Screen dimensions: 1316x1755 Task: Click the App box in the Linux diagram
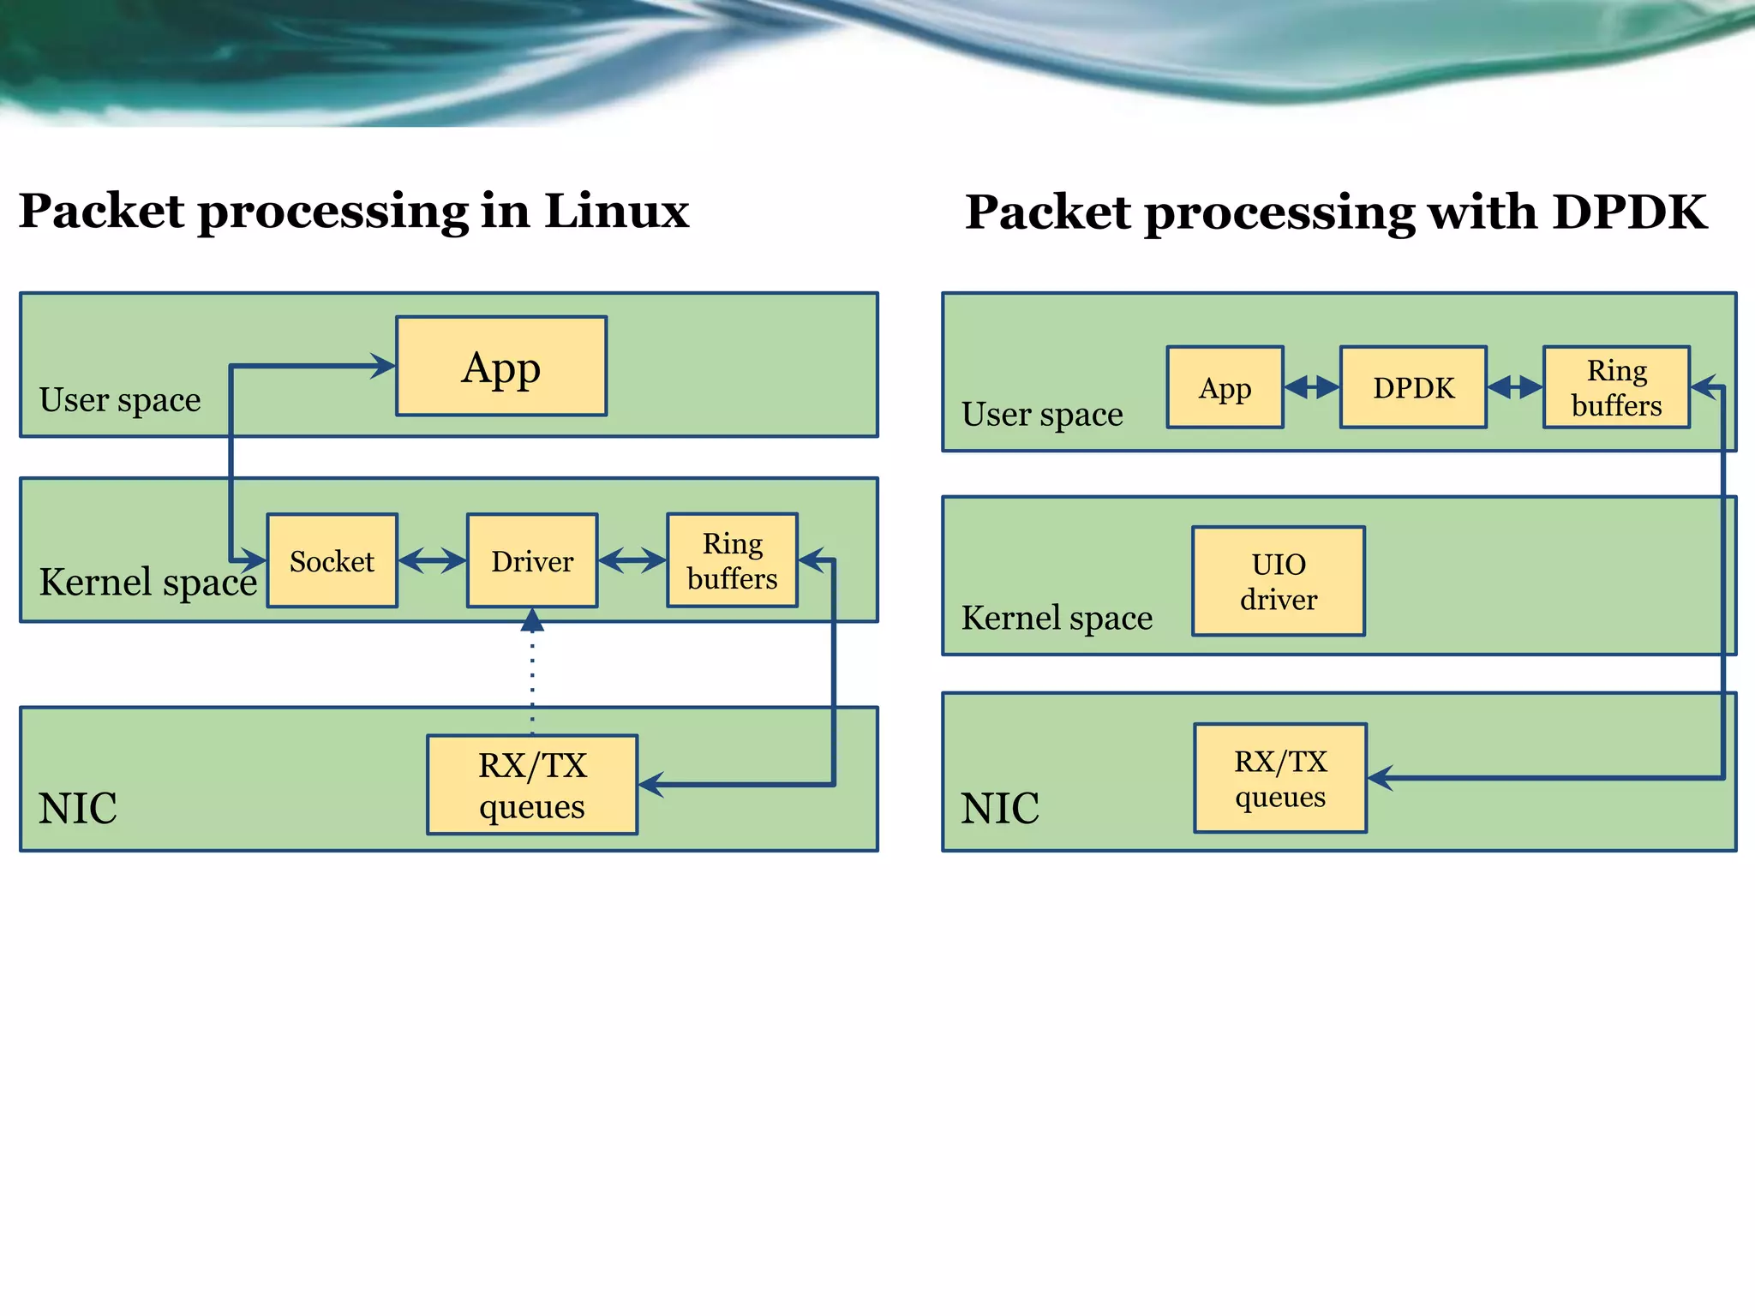[501, 367]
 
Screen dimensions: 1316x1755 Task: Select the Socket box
[332, 561]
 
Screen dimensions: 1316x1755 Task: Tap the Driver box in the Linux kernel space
[532, 561]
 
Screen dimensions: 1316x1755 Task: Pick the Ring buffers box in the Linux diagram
[732, 561]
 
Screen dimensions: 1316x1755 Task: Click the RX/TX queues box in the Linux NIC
[532, 785]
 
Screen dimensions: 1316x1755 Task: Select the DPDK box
[1413, 387]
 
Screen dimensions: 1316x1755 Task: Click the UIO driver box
[1279, 582]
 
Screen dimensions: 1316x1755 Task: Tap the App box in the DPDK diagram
[1225, 387]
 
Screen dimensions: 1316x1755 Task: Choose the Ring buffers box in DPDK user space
[1616, 387]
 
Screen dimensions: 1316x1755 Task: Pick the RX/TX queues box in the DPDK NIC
[1280, 778]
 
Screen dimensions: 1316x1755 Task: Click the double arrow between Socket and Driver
[432, 561]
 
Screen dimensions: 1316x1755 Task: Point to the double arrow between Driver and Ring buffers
[632, 561]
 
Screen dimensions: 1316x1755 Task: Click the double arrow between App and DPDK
[1312, 387]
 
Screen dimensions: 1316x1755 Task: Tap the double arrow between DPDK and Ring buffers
[1515, 387]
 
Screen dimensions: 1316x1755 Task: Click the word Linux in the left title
[616, 211]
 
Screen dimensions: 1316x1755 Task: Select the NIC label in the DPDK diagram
[999, 808]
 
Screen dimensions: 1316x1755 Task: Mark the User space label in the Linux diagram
[120, 400]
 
